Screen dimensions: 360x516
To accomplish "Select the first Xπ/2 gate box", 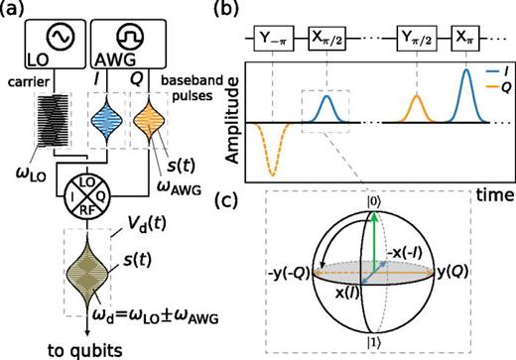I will tap(327, 43).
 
